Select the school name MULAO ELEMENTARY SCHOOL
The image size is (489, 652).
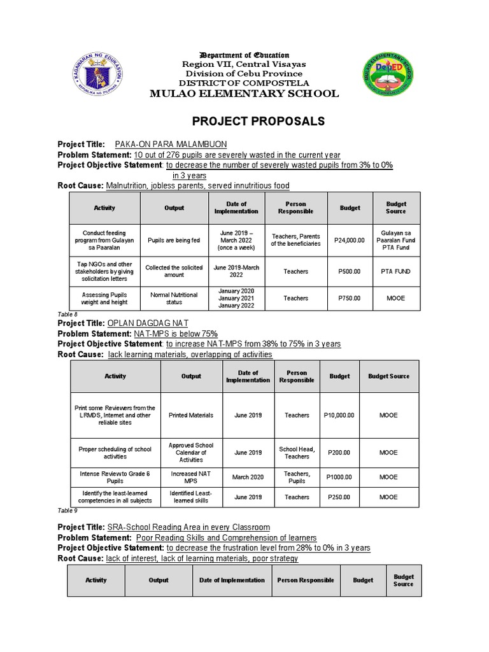(x=244, y=94)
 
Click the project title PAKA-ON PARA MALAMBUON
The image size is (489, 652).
(x=171, y=145)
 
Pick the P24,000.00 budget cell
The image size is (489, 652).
(x=350, y=240)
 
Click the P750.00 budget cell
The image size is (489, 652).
(x=350, y=298)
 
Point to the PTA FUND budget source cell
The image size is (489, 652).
(x=395, y=271)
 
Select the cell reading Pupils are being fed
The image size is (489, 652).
(x=174, y=240)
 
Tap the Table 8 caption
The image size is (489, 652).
(x=67, y=315)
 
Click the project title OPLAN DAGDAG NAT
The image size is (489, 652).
(x=148, y=323)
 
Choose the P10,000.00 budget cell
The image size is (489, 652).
(x=339, y=415)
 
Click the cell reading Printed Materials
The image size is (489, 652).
(x=191, y=415)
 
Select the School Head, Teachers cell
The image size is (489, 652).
(x=297, y=453)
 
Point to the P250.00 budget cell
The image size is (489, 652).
(x=339, y=497)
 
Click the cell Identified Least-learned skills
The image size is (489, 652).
(x=191, y=497)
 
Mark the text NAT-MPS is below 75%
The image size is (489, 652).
(x=176, y=334)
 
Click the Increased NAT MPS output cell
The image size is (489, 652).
(x=191, y=477)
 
